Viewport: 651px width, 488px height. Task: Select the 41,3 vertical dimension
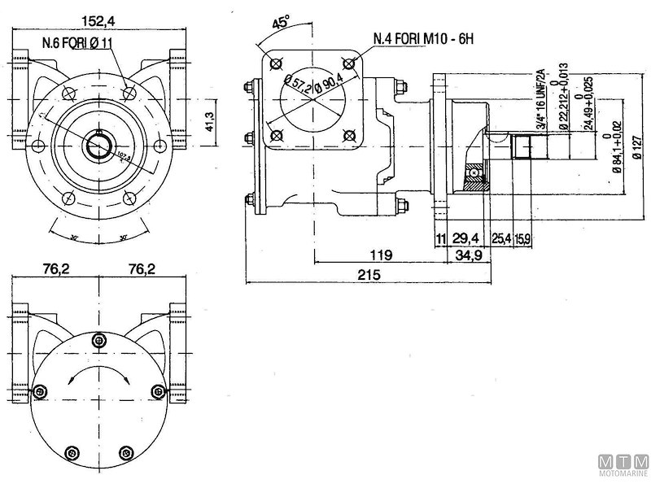point(209,122)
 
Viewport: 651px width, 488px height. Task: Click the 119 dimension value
point(379,255)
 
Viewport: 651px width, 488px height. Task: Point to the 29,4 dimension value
point(465,237)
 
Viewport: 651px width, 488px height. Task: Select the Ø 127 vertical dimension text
point(635,147)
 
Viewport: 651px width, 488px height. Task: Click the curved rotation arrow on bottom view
point(98,376)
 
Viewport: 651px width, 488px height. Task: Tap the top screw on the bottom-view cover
point(99,340)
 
